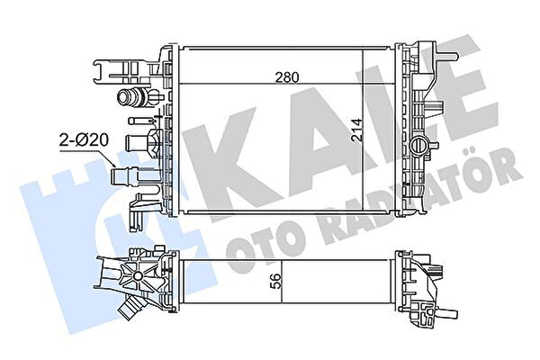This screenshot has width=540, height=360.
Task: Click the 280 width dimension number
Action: (287, 77)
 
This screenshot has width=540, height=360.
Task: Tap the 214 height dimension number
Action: (357, 130)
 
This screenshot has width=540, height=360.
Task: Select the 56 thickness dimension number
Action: (276, 281)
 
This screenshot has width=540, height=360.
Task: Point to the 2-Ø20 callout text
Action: (84, 140)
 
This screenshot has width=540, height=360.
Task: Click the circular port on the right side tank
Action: (419, 145)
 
